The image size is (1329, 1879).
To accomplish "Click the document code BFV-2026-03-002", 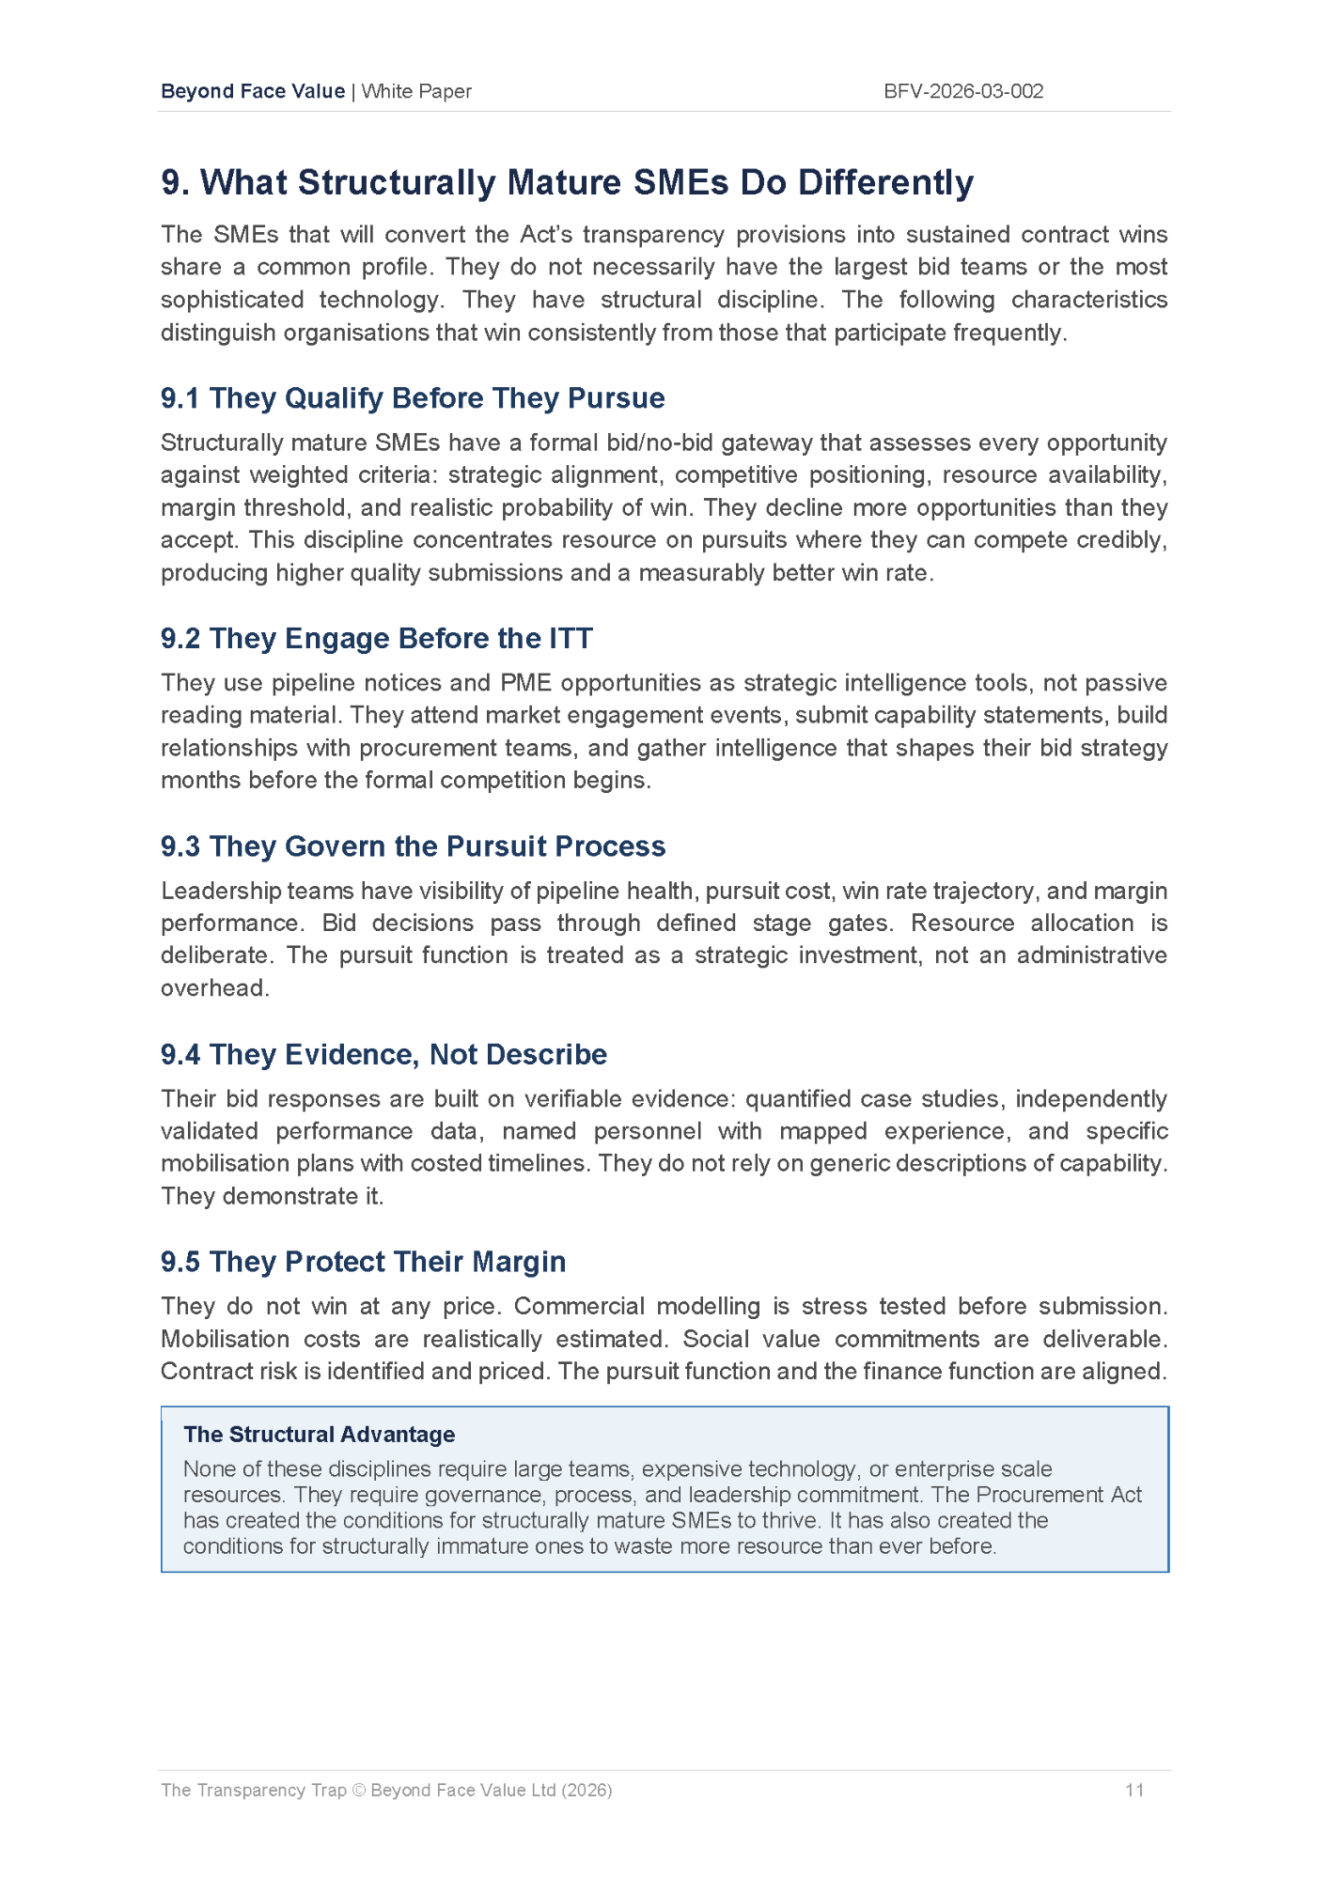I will [963, 91].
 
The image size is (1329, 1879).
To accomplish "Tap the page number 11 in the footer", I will [1134, 1790].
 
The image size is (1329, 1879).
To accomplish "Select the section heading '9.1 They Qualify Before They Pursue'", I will [413, 398].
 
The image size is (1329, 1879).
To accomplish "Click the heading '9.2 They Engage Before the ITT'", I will [376, 639].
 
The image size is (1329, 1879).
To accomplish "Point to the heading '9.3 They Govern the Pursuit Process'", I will [413, 846].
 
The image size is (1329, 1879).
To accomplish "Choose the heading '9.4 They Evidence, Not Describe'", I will [383, 1054].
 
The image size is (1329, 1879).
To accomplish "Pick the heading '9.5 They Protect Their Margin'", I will [363, 1262].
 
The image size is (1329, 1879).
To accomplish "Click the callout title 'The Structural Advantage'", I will [319, 1435].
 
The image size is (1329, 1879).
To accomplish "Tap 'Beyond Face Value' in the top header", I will [253, 91].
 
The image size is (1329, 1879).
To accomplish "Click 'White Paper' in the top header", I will [416, 91].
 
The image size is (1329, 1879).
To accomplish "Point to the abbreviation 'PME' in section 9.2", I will [526, 683].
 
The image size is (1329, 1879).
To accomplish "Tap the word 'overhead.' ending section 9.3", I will [215, 988].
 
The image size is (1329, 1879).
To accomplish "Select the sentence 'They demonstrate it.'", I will [273, 1196].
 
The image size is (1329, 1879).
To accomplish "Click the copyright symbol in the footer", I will [358, 1790].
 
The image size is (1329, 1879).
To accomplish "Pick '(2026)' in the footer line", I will [586, 1790].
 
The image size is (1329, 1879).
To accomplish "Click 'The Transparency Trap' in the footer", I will [254, 1790].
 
